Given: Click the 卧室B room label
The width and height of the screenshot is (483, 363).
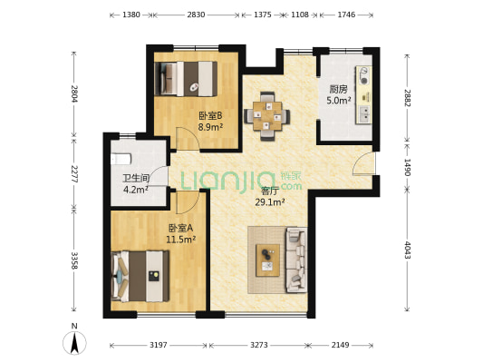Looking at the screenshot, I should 209,115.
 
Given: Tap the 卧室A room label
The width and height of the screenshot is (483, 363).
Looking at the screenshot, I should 179,228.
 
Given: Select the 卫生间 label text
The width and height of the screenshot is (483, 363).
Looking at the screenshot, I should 135,179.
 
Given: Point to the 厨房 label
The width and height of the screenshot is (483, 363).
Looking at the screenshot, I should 336,90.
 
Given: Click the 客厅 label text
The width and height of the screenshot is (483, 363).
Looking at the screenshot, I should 270,191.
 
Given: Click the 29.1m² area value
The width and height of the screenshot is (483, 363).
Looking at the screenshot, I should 270,202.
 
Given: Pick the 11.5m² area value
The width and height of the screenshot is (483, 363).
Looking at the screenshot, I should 179,239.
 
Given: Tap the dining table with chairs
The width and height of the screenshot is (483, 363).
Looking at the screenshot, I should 267,113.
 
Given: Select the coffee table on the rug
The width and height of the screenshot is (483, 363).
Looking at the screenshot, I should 268,260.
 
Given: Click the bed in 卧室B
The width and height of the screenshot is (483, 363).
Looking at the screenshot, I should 188,78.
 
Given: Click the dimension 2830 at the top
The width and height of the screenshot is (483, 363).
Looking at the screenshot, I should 196,15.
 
